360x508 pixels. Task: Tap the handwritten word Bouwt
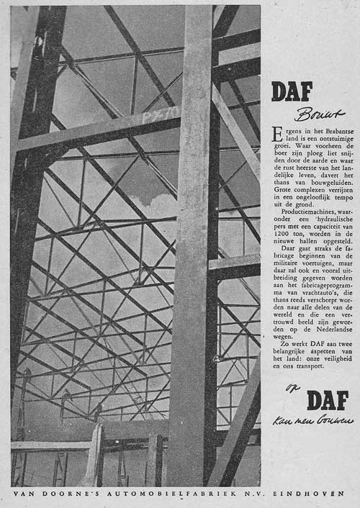pyautogui.click(x=310, y=114)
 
